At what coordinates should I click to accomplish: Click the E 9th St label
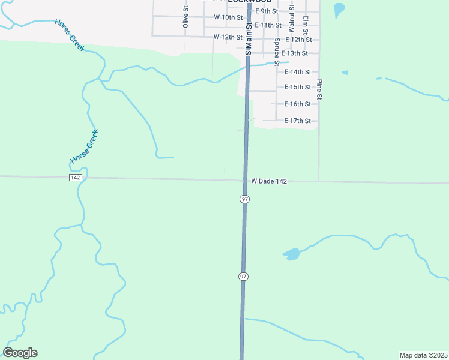tap(267, 11)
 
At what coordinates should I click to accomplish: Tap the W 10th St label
tap(228, 17)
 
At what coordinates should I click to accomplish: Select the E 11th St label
tap(268, 25)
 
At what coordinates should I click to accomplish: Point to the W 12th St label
tap(228, 37)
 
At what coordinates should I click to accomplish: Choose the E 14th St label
tap(298, 72)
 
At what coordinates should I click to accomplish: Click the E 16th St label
tap(298, 104)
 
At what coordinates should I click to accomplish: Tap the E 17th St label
tap(298, 121)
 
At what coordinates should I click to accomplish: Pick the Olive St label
tap(185, 17)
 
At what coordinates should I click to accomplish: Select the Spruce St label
tap(277, 52)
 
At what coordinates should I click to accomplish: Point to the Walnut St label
tap(291, 19)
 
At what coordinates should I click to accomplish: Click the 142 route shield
tap(75, 178)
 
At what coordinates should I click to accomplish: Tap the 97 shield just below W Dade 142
tap(244, 199)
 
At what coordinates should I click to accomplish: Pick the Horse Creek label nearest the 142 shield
tap(84, 147)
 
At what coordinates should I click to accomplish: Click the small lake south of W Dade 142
tap(292, 254)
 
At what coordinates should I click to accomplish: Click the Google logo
tap(20, 353)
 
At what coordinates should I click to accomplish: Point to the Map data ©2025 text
tap(423, 355)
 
